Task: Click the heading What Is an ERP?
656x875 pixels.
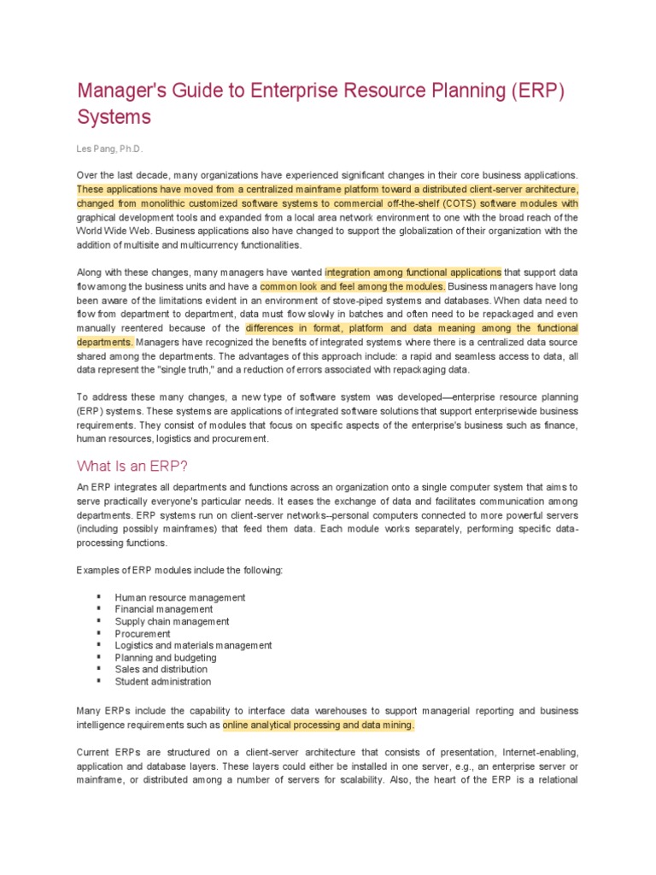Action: pos(132,466)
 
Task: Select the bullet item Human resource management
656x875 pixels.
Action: pos(180,597)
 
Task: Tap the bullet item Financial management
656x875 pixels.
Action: pos(164,609)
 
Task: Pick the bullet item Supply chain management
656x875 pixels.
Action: pos(172,621)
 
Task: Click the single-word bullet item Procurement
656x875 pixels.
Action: pos(143,634)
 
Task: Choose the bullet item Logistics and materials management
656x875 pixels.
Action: pos(193,646)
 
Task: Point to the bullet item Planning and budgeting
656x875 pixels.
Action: pos(166,658)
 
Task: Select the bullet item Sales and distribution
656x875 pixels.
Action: pos(161,670)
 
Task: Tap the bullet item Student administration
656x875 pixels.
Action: pos(163,682)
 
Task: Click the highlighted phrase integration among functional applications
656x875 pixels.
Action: pos(413,273)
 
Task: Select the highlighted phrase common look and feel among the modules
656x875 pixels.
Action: pos(353,286)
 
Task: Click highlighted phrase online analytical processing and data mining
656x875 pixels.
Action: pos(319,725)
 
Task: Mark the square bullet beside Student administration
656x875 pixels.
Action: pos(99,681)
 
